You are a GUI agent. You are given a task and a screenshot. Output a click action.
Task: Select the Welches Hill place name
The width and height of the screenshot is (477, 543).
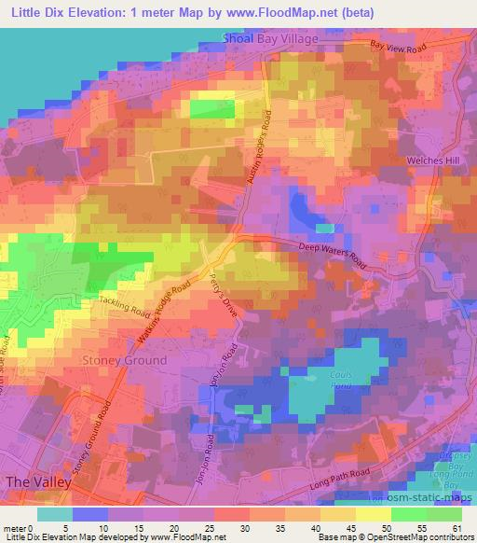pos(433,160)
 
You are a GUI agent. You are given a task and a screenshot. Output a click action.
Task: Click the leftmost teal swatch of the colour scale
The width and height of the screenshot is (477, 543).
pos(55,514)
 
